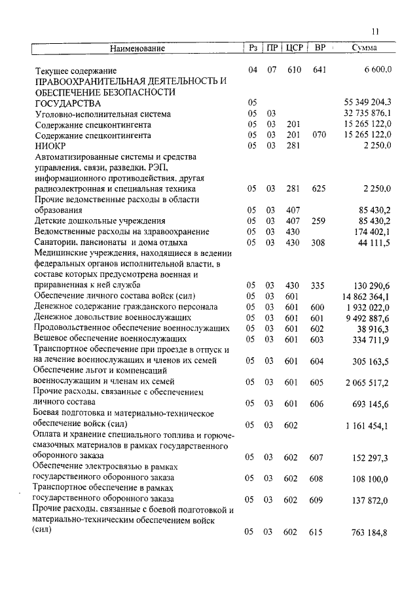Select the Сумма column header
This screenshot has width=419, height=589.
click(x=363, y=48)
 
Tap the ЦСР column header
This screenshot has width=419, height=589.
click(x=293, y=48)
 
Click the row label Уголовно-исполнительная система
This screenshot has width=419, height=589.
click(x=102, y=113)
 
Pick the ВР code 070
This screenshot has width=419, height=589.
click(x=319, y=135)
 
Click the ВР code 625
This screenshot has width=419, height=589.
click(x=319, y=188)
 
